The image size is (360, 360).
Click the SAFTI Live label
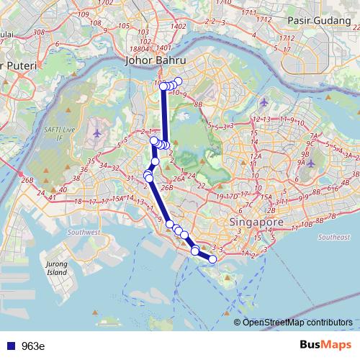click(x=58, y=132)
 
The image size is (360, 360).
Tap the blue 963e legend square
click(x=10, y=346)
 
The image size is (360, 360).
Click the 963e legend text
click(x=33, y=346)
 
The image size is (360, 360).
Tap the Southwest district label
click(x=84, y=233)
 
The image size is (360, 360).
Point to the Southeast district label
click(x=333, y=237)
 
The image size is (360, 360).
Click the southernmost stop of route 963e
click(x=212, y=258)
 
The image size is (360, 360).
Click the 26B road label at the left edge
click(x=28, y=179)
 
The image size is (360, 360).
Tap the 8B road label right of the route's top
click(x=199, y=105)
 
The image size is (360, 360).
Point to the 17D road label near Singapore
click(x=230, y=197)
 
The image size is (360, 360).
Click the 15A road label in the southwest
click(x=120, y=197)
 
